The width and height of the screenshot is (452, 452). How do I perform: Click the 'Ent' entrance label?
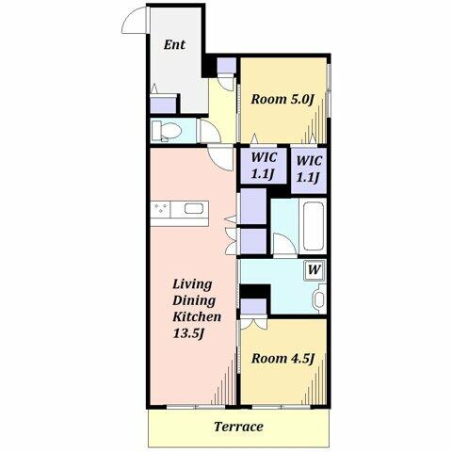coord(174,44)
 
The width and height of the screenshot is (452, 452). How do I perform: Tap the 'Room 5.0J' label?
coord(282,100)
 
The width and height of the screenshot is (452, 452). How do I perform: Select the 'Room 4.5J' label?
coord(282,359)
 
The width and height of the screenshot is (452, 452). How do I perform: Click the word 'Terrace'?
coord(238,427)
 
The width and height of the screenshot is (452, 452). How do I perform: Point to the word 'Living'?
coord(192,284)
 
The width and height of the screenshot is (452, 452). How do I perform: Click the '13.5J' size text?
coord(188,333)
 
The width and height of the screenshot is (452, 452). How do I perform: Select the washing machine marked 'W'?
coord(315,270)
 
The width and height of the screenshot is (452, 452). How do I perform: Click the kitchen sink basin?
coord(194,209)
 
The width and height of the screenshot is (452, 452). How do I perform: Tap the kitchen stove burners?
coord(161,209)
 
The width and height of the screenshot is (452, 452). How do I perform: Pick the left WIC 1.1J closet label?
coord(264,166)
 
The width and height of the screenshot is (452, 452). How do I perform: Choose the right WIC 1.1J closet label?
coord(309,169)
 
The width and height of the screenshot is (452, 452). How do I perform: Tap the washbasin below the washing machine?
coord(319,299)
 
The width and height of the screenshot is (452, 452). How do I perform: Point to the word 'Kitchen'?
coord(197,316)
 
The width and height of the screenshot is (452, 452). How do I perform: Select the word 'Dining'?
coord(194,300)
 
